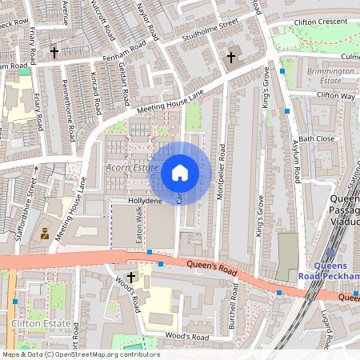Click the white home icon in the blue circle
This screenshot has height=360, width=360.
pyautogui.click(x=180, y=173)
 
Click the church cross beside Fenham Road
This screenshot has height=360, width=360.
pyautogui.click(x=54, y=53)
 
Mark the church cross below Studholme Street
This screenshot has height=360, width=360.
pyautogui.click(x=231, y=58)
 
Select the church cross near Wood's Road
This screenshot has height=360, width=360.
pyautogui.click(x=130, y=277)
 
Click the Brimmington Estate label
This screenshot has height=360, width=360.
pyautogui.click(x=324, y=76)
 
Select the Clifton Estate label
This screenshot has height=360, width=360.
pyautogui.click(x=33, y=324)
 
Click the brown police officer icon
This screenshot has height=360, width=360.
pyautogui.click(x=45, y=234)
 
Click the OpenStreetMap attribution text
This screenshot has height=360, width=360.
pyautogui.click(x=81, y=354)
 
